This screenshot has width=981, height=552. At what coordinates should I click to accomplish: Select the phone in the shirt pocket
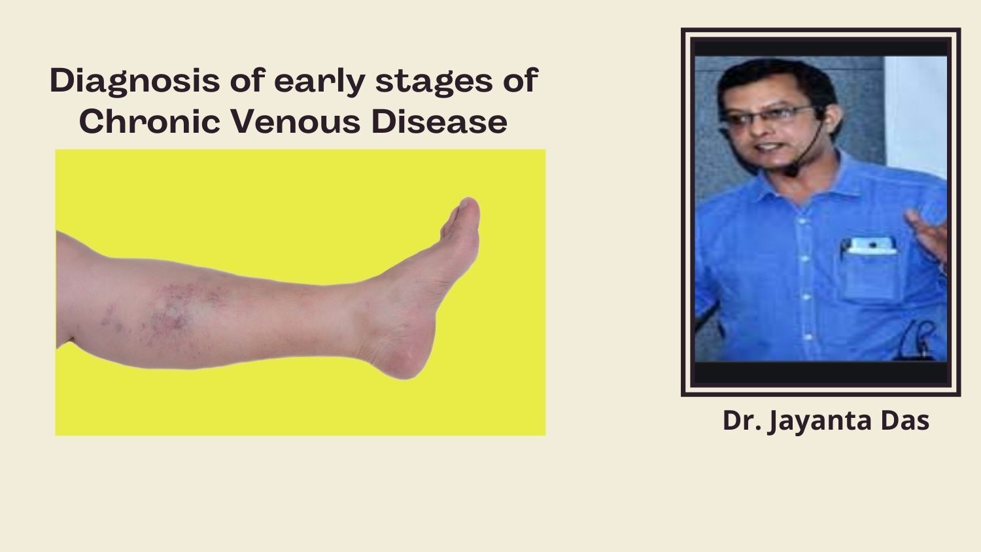point(872,246)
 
